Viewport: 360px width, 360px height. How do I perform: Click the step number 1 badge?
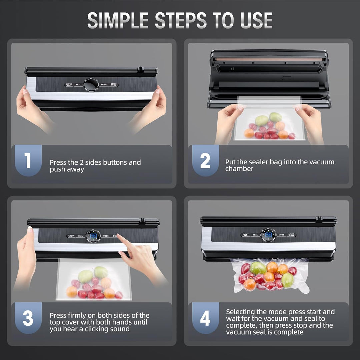[28, 160]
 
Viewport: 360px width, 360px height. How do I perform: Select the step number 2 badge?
[205, 160]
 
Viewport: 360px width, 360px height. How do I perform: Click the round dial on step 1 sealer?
[91, 85]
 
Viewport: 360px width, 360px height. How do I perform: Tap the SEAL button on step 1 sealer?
[78, 85]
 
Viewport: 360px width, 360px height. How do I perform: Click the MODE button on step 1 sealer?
[104, 85]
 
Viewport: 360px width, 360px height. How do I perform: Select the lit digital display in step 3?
[93, 236]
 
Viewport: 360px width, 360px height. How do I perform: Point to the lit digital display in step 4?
[268, 235]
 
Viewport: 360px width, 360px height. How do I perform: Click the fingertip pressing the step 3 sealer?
[119, 236]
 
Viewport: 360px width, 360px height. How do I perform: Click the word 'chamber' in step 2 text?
[239, 169]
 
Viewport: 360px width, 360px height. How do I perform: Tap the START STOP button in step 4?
[291, 235]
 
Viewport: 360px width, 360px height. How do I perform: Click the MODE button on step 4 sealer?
[281, 235]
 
